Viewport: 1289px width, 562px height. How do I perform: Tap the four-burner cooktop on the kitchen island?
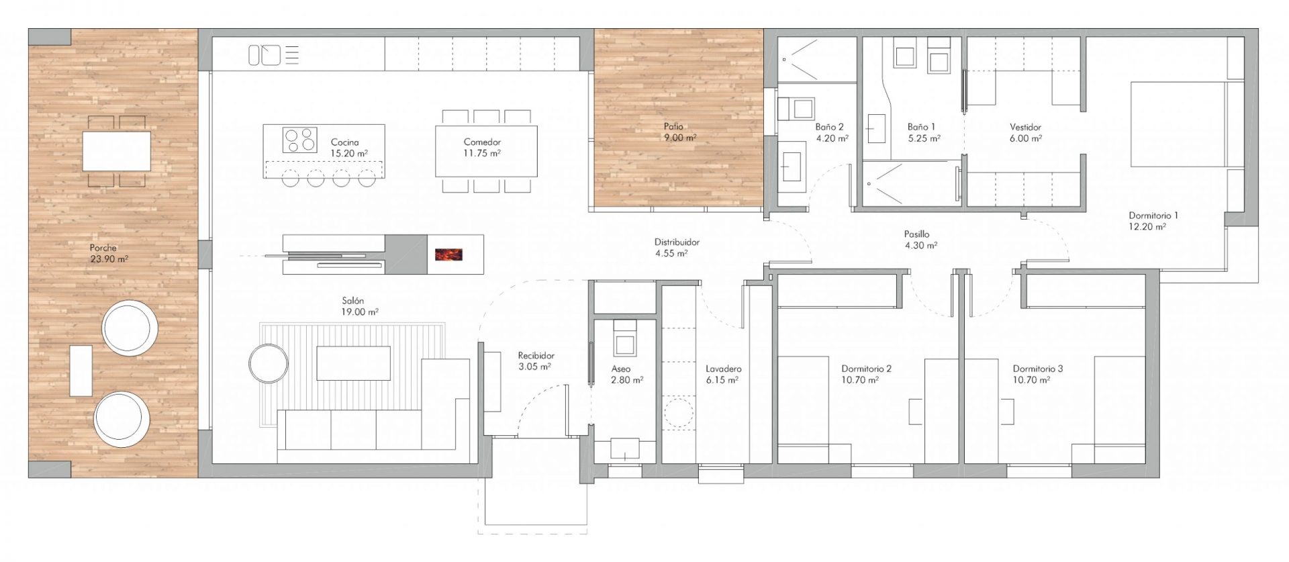pyautogui.click(x=299, y=138)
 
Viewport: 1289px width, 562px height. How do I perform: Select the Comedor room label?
pyautogui.click(x=482, y=142)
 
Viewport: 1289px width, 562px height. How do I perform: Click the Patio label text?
pyautogui.click(x=673, y=126)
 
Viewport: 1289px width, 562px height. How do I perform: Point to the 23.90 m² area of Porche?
pyautogui.click(x=109, y=258)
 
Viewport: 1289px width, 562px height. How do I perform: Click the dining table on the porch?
pyautogui.click(x=117, y=150)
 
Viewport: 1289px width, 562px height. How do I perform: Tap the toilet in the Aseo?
pyautogui.click(x=625, y=339)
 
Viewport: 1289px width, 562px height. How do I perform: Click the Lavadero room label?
pyautogui.click(x=724, y=369)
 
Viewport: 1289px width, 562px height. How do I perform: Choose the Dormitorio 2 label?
pyautogui.click(x=866, y=369)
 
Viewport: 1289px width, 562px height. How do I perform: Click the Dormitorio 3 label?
pyautogui.click(x=1038, y=369)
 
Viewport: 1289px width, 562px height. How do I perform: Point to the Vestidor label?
pyautogui.click(x=1025, y=127)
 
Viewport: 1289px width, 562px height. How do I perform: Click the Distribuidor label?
pyautogui.click(x=677, y=242)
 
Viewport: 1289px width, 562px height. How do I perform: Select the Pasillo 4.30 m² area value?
pyautogui.click(x=920, y=246)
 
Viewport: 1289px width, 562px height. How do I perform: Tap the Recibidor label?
pyautogui.click(x=536, y=356)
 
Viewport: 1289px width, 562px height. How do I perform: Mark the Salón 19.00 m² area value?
pyautogui.click(x=359, y=312)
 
